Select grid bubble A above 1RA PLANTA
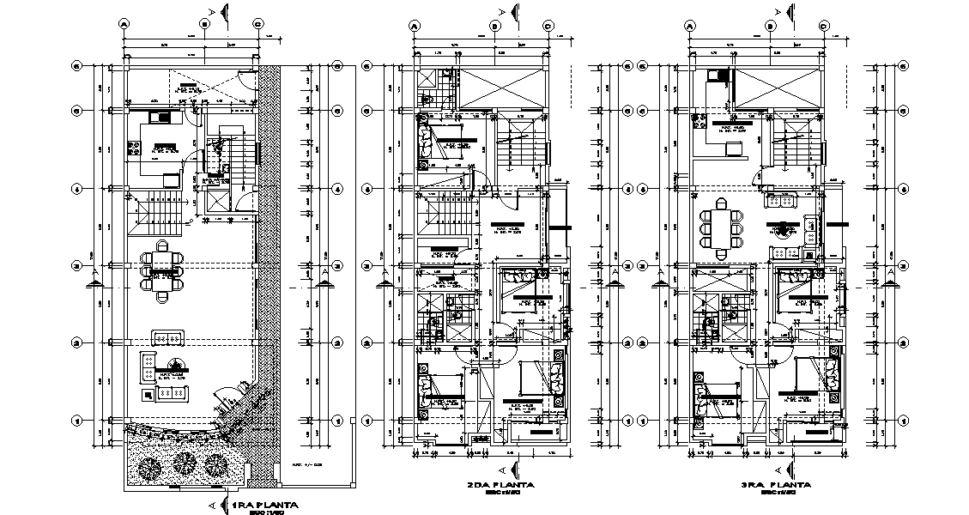point(125,25)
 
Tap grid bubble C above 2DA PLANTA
point(548,26)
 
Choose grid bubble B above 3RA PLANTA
point(771,26)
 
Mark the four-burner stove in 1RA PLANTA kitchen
point(134,148)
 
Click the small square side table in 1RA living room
point(150,394)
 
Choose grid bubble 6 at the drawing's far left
point(76,65)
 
